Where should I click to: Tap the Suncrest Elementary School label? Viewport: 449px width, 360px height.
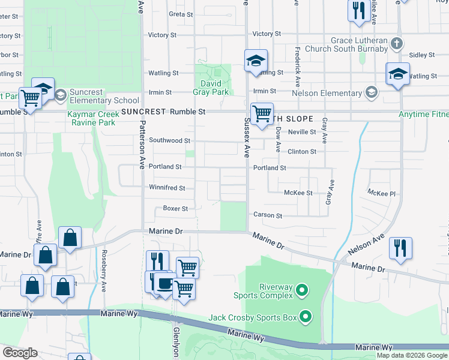(x=104, y=96)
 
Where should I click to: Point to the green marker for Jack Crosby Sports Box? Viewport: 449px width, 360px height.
(x=306, y=316)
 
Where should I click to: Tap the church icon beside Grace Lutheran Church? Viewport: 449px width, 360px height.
(x=396, y=44)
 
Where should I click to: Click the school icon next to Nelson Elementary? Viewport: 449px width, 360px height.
(x=372, y=92)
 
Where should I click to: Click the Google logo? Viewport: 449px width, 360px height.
(x=20, y=353)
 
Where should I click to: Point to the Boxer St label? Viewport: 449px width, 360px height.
(x=176, y=209)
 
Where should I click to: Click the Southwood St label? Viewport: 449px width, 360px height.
(x=170, y=140)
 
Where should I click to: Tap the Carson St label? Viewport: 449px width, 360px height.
(x=268, y=215)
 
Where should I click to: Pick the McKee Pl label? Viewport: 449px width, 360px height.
(x=382, y=193)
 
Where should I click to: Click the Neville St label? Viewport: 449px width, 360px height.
(x=302, y=131)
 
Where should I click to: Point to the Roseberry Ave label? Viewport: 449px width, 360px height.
(x=104, y=271)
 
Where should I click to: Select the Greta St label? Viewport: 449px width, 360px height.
(x=181, y=14)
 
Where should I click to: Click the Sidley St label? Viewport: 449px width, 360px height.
(x=423, y=55)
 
